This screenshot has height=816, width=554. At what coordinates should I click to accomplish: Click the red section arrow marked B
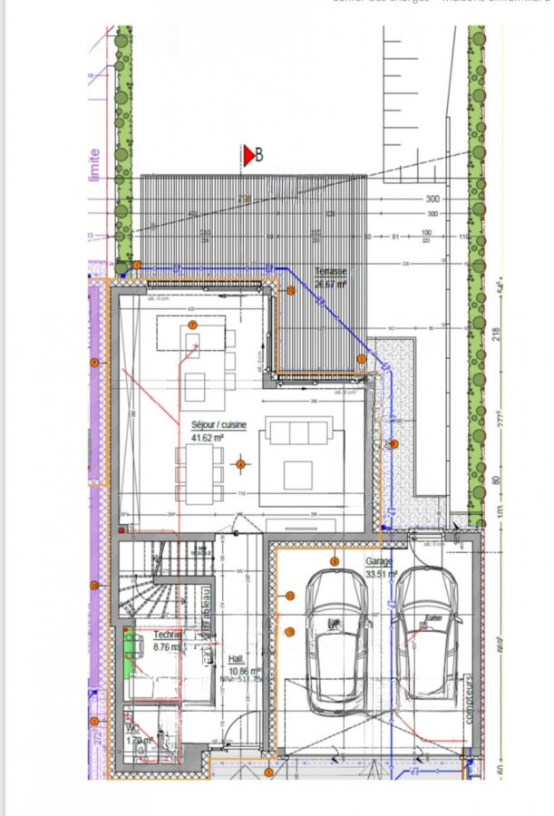coord(248,156)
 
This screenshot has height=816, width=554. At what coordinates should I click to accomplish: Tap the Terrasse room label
coord(331,271)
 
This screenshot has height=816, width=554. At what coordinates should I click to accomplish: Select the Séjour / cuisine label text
coord(218,424)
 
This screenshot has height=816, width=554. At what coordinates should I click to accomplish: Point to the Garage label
coord(379,562)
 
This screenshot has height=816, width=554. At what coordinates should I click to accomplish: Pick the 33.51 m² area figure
coord(383,574)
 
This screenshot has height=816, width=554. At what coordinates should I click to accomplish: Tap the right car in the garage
coord(426,635)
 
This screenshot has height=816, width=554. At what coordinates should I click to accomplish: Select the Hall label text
coord(236,659)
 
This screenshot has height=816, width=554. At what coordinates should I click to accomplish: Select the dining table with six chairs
coord(199,472)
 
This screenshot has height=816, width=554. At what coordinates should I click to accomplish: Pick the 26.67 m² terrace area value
coord(331,283)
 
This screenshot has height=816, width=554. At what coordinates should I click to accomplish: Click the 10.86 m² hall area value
coord(239,670)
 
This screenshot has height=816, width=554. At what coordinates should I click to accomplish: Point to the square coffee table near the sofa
coord(296,474)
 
